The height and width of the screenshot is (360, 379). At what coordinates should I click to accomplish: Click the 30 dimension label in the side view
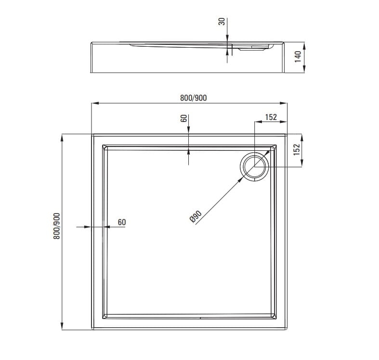[x=222, y=22]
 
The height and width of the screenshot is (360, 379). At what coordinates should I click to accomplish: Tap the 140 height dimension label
[x=298, y=56]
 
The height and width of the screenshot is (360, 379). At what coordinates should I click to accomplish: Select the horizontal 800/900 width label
[x=194, y=98]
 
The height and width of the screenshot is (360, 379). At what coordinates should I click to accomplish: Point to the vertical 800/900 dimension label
[x=56, y=226]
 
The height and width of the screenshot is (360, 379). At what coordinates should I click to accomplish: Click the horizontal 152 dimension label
[x=271, y=117]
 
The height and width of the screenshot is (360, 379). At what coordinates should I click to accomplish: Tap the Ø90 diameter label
[x=196, y=216]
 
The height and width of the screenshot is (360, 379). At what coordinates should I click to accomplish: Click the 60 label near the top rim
[x=184, y=118]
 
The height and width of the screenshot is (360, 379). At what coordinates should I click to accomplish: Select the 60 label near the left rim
[x=122, y=222]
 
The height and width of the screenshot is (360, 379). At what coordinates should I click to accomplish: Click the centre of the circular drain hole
[x=254, y=167]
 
